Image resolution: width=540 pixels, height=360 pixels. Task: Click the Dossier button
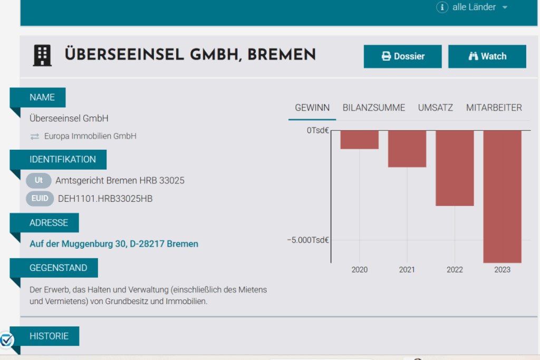(x=402, y=56)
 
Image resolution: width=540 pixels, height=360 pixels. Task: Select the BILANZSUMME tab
(x=374, y=108)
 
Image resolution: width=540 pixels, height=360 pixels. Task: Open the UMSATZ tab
(x=436, y=108)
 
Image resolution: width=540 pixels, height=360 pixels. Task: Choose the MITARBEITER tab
(x=494, y=108)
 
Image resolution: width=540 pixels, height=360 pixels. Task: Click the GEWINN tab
(x=312, y=108)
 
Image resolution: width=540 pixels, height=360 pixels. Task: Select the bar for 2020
(x=360, y=140)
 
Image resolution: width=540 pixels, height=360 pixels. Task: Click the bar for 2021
(x=407, y=149)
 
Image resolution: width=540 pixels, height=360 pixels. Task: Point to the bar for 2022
(x=455, y=168)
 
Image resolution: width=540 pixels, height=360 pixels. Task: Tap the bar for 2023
(x=503, y=196)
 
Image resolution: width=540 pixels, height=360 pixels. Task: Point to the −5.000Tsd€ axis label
(x=308, y=240)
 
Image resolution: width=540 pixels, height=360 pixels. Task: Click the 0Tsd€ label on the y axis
(x=318, y=130)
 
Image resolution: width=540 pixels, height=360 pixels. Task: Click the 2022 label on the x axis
(x=455, y=270)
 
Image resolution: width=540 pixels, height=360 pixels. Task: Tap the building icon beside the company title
(x=42, y=55)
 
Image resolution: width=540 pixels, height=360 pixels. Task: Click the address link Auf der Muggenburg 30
(x=114, y=244)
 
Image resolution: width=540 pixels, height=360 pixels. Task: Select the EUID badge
(x=40, y=199)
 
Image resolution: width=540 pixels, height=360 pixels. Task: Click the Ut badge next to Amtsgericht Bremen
(x=38, y=181)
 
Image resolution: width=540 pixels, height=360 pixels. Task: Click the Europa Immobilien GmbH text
(x=90, y=136)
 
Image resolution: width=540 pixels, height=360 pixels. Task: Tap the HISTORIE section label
(x=49, y=336)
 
